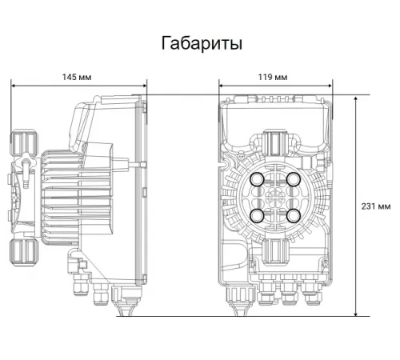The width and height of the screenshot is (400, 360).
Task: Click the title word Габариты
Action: pos(201,42)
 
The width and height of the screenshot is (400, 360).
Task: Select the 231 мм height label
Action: pos(376,206)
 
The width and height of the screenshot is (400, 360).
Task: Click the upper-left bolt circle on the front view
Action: pos(258,179)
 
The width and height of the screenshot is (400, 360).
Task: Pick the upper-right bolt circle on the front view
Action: pos(293,179)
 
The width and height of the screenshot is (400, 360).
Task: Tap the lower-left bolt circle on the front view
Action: pos(258,215)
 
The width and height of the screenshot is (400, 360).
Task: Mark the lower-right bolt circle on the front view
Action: pos(293,215)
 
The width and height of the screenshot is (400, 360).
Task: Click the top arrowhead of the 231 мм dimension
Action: pos(355,98)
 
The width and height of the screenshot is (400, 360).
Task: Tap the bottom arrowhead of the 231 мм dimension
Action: pos(355,314)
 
